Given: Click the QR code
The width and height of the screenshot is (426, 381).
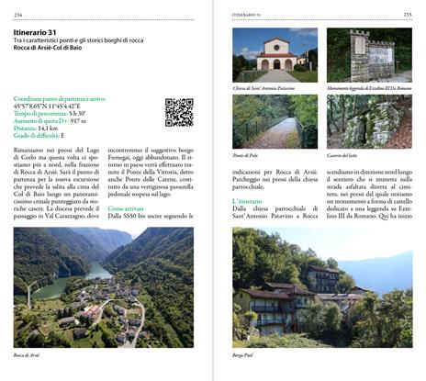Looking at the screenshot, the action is pos(179,112).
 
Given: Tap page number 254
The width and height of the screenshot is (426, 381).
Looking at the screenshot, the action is pos(17,14).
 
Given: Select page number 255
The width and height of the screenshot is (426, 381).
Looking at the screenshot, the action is pos(407,14).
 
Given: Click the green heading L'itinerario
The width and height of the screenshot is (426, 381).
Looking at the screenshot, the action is pos(249,200).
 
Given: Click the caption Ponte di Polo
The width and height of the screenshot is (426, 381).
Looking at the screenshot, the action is pos(246,156).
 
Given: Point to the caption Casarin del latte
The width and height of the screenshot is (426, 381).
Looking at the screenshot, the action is pos(343,156).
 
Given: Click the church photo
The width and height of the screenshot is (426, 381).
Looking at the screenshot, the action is pos(275,53).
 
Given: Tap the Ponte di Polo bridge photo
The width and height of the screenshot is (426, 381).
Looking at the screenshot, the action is pos(275,121).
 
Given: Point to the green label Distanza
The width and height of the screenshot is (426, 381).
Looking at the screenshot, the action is pos(29,128).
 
